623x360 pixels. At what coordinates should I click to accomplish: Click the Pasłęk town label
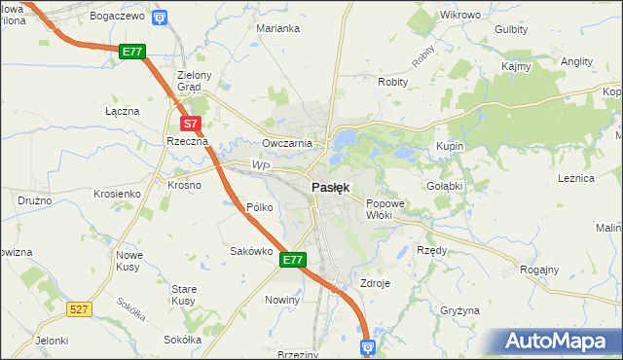tap(331, 187)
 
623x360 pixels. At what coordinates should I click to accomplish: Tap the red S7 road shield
tap(192, 124)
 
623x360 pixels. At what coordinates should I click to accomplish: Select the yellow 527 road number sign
tap(80, 308)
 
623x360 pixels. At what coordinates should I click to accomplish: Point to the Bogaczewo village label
tap(117, 17)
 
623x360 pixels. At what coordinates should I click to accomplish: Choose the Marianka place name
tap(277, 28)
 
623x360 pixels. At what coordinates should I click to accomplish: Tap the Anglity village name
tap(577, 60)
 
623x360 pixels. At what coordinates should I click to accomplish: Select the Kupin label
tap(450, 145)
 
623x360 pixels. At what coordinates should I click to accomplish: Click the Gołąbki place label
tap(444, 184)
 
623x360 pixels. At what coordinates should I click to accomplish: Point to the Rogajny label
tap(540, 270)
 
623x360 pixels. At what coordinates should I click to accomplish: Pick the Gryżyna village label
tap(459, 310)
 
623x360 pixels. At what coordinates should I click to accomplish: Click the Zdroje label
tap(375, 283)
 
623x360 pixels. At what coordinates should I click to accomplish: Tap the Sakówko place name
tap(249, 250)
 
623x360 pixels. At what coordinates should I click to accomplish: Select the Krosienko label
tap(117, 194)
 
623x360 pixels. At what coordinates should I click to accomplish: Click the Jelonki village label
tap(51, 341)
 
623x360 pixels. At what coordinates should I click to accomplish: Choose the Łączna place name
tap(123, 111)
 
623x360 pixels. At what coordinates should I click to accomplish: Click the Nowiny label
tap(282, 300)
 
